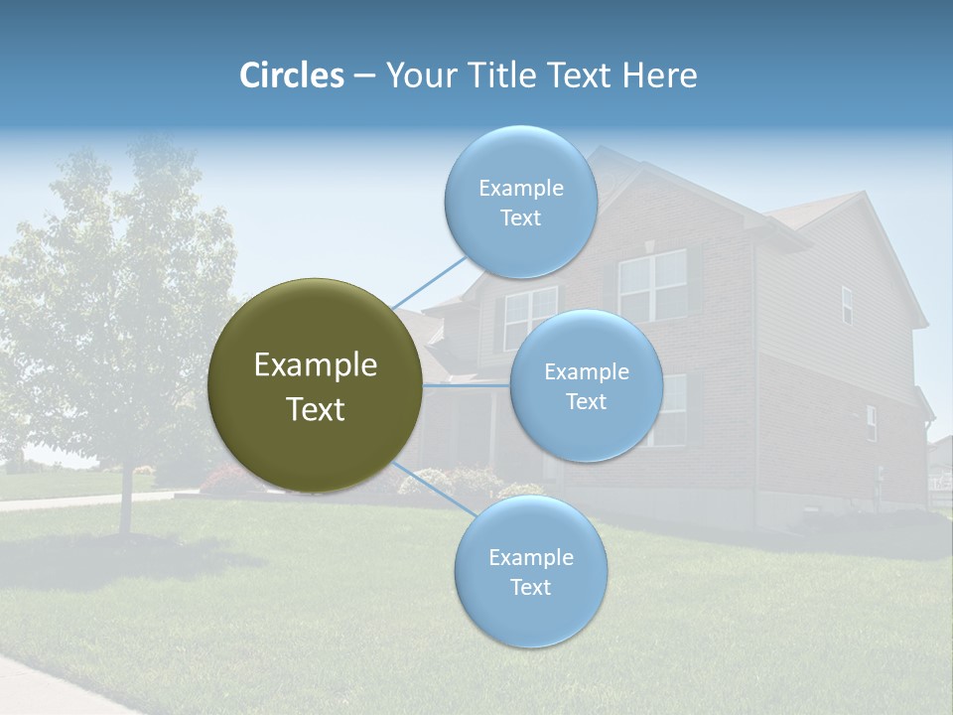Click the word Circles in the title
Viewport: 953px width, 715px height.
tap(292, 75)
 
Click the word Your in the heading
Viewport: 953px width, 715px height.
tap(421, 75)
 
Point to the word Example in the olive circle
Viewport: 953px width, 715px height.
tap(315, 365)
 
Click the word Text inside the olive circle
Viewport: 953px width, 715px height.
tap(315, 409)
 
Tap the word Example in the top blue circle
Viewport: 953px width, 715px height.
tap(520, 189)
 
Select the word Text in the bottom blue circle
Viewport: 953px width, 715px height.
tap(530, 587)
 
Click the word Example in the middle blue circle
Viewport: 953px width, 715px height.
tap(586, 372)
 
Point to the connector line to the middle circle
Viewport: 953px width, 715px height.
tap(467, 384)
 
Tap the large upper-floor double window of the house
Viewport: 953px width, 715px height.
tap(652, 285)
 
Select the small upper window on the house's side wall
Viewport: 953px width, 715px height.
tap(847, 305)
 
